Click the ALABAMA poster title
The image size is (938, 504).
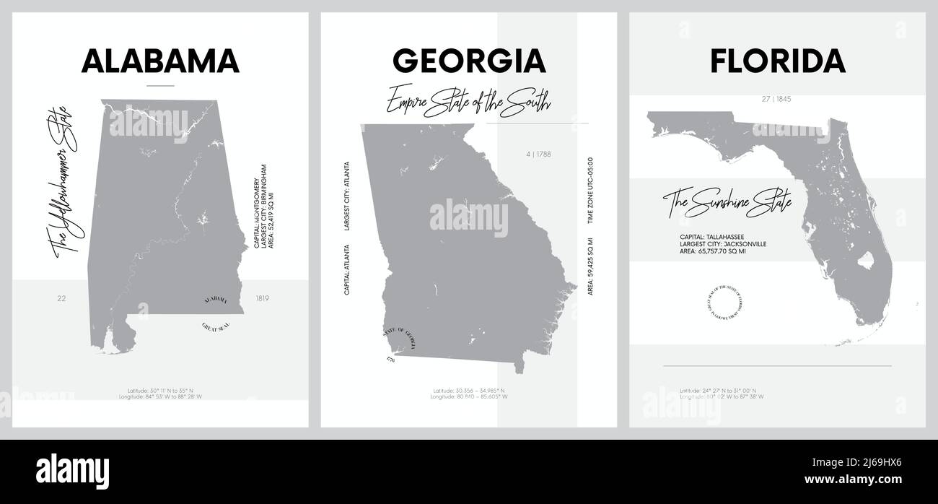160,61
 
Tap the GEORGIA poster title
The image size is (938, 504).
468,61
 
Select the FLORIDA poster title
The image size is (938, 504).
777,61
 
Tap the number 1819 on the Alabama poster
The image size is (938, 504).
262,297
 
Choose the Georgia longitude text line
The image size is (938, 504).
468,396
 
